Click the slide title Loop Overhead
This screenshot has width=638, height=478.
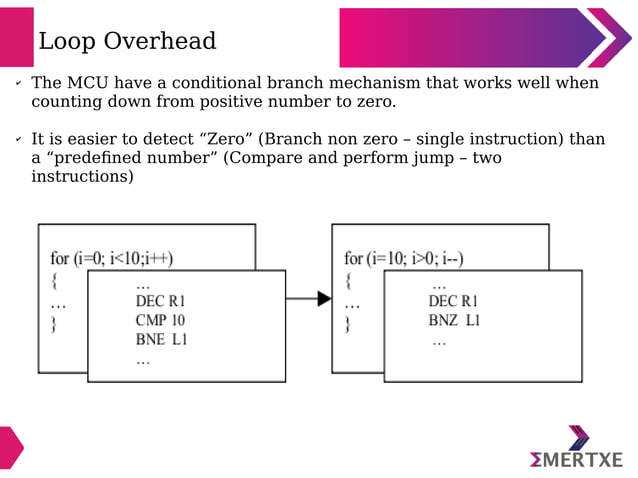pos(127,41)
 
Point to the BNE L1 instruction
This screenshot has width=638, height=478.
pos(161,340)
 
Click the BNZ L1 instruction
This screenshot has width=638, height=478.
pos(455,321)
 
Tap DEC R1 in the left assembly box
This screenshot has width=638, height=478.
pos(161,301)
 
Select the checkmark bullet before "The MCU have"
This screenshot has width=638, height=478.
pos(17,84)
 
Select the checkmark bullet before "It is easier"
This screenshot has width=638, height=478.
pos(17,140)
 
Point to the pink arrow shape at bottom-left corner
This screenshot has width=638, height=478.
pos(10,447)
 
